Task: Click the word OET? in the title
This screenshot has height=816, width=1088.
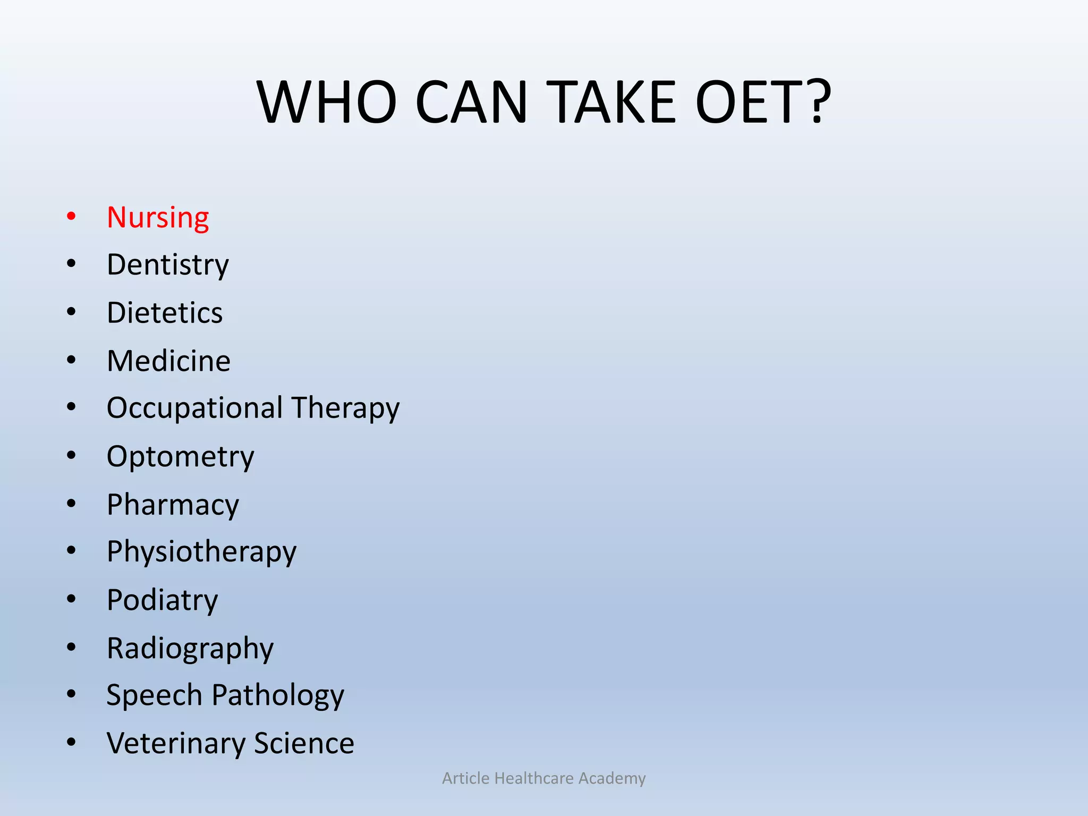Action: point(763,102)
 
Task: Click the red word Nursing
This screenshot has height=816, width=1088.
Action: point(158,218)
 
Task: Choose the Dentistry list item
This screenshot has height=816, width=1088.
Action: point(168,265)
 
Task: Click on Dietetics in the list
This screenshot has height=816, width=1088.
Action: point(165,312)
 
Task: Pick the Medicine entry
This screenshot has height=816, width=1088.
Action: point(168,361)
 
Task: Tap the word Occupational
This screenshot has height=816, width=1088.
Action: point(194,409)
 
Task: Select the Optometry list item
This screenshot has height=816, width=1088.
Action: point(181,457)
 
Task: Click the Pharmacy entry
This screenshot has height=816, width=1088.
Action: point(173,505)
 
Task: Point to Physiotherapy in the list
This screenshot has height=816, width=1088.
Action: point(201,552)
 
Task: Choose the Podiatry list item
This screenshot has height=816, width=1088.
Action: point(162,600)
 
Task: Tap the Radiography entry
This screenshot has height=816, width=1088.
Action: point(190,649)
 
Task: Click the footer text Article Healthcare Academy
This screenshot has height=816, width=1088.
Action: point(544,778)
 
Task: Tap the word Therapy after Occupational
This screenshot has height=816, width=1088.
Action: point(345,409)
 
